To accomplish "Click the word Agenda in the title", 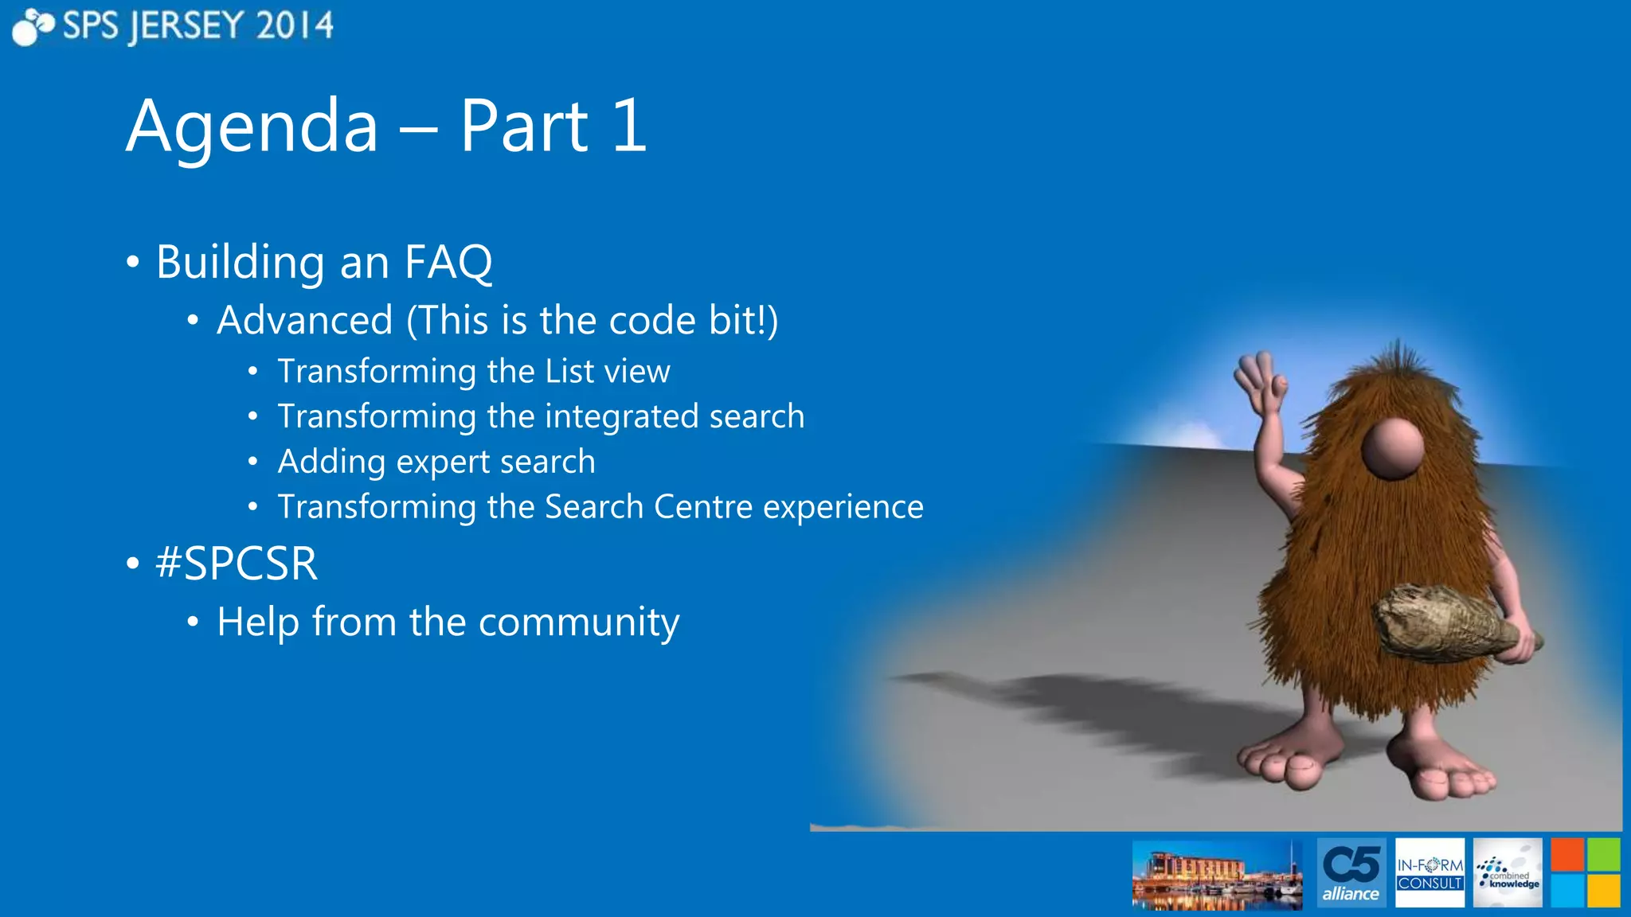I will point(252,127).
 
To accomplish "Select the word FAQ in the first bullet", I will point(448,262).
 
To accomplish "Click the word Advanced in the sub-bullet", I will point(304,321).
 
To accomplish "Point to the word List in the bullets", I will point(569,372).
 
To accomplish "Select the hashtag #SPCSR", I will point(237,564).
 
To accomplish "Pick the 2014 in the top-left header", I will point(295,26).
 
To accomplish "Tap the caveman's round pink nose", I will point(1392,448).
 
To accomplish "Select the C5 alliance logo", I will point(1351,872).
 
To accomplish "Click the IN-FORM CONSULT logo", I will point(1430,872).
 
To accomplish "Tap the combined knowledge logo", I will point(1508,872).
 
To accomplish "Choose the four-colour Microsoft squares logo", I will point(1585,872).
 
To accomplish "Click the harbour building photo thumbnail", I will point(1217,875).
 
